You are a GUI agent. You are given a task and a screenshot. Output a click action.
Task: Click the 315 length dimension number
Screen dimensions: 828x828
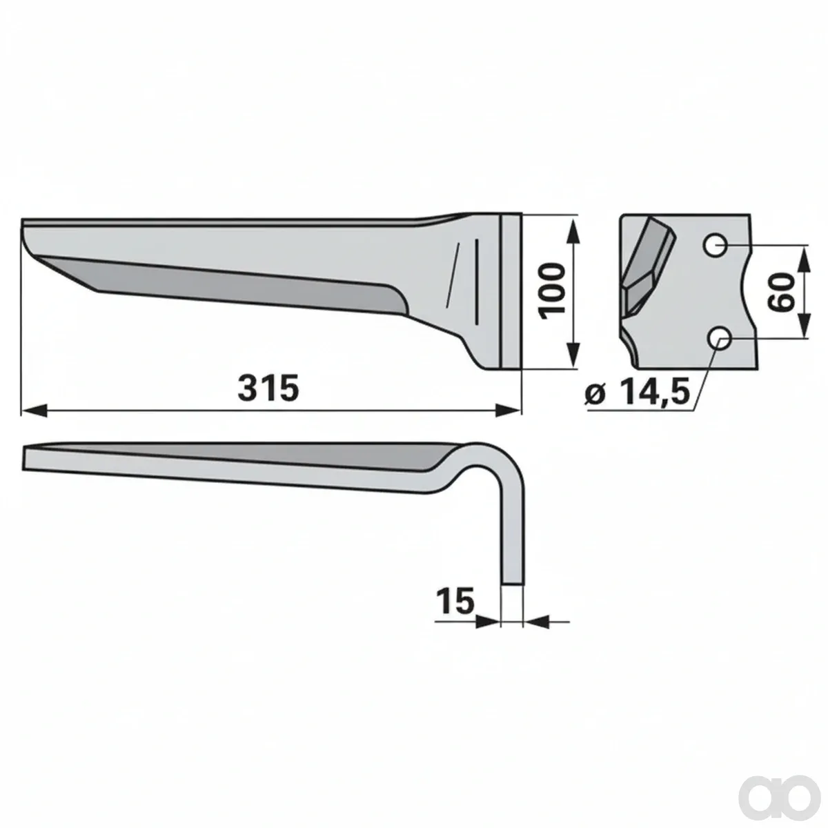pos(268,388)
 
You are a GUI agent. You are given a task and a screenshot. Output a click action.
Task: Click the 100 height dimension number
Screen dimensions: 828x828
pos(552,291)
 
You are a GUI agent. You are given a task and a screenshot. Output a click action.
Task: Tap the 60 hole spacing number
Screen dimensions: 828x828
pos(780,292)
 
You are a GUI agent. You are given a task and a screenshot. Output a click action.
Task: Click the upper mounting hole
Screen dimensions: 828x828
pos(715,246)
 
